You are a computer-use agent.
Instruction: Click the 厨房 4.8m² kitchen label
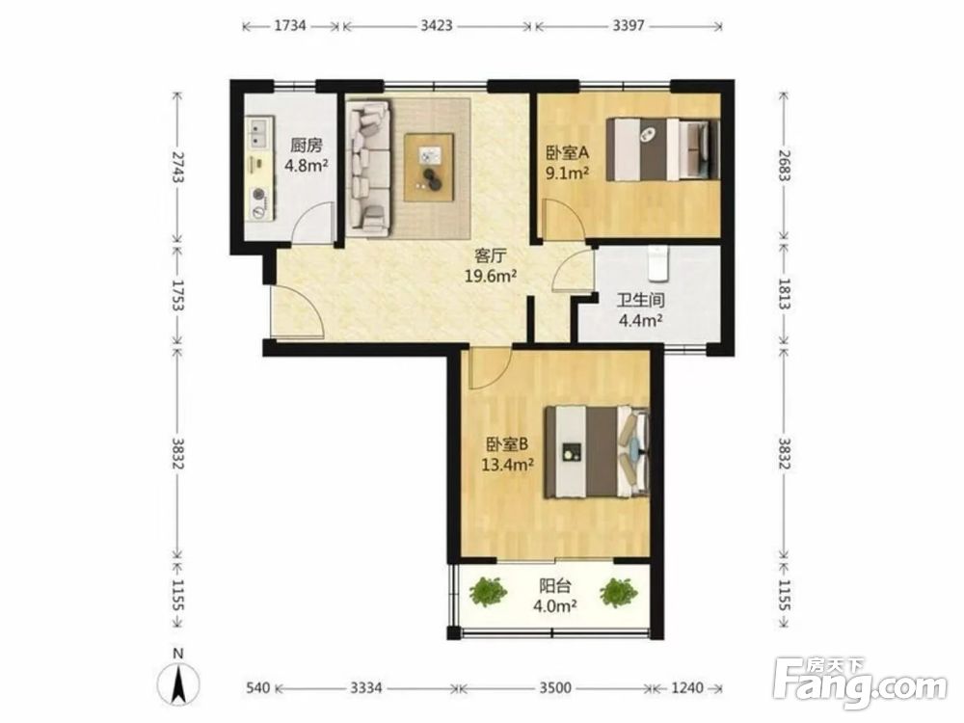pyautogui.click(x=307, y=155)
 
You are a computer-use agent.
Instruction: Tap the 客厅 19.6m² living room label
pyautogui.click(x=490, y=266)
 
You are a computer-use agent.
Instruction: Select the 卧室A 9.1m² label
pyautogui.click(x=568, y=162)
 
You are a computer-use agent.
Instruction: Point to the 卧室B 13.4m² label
pyautogui.click(x=507, y=454)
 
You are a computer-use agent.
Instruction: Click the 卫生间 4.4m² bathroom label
pyautogui.click(x=640, y=309)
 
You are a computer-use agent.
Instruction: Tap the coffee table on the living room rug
pyautogui.click(x=429, y=167)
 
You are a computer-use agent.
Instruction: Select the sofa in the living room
pyautogui.click(x=369, y=168)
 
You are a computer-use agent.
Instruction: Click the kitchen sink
pyautogui.click(x=259, y=133)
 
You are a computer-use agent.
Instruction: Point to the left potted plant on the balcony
pyautogui.click(x=488, y=592)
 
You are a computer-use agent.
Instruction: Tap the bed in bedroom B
pyautogui.click(x=597, y=452)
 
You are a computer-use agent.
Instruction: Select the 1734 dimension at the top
pyautogui.click(x=290, y=26)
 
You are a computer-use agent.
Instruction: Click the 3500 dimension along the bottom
pyautogui.click(x=555, y=687)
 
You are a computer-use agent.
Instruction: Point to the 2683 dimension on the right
pyautogui.click(x=784, y=165)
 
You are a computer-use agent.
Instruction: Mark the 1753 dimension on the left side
pyautogui.click(x=177, y=295)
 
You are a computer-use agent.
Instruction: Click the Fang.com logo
pyautogui.click(x=860, y=683)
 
